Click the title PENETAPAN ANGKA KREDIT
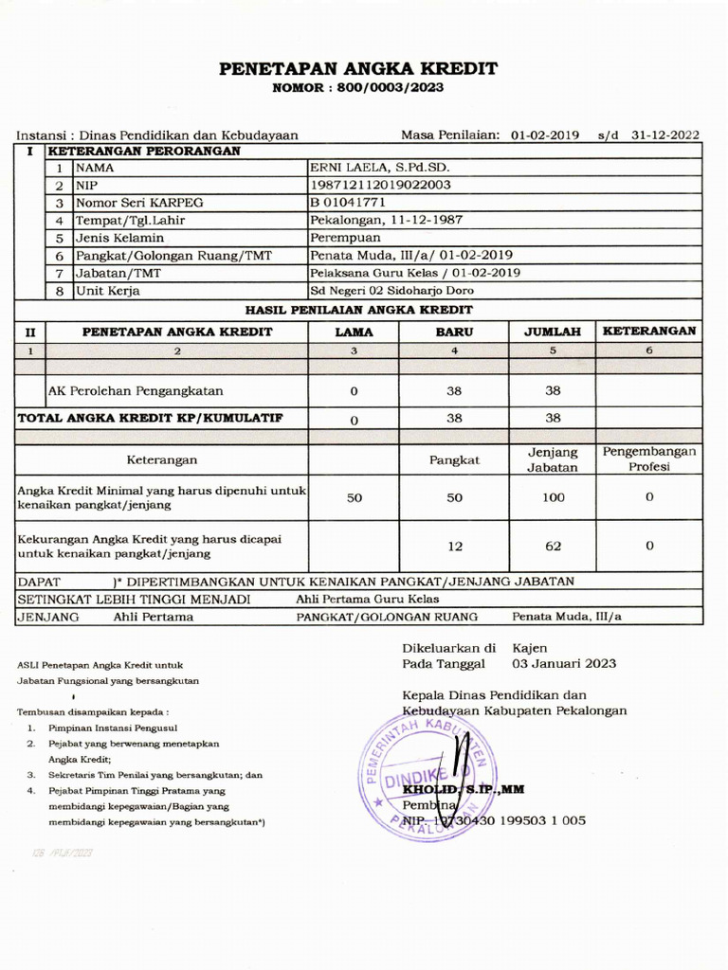[x=358, y=69]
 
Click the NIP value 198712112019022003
[x=380, y=186]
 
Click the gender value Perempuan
[x=345, y=238]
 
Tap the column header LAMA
[x=354, y=332]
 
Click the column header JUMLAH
[x=553, y=332]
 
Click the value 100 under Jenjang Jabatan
[x=553, y=497]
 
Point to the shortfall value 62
[x=553, y=547]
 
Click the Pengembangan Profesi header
[x=649, y=459]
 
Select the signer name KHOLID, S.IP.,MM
[x=464, y=789]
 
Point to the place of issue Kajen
[x=530, y=648]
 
